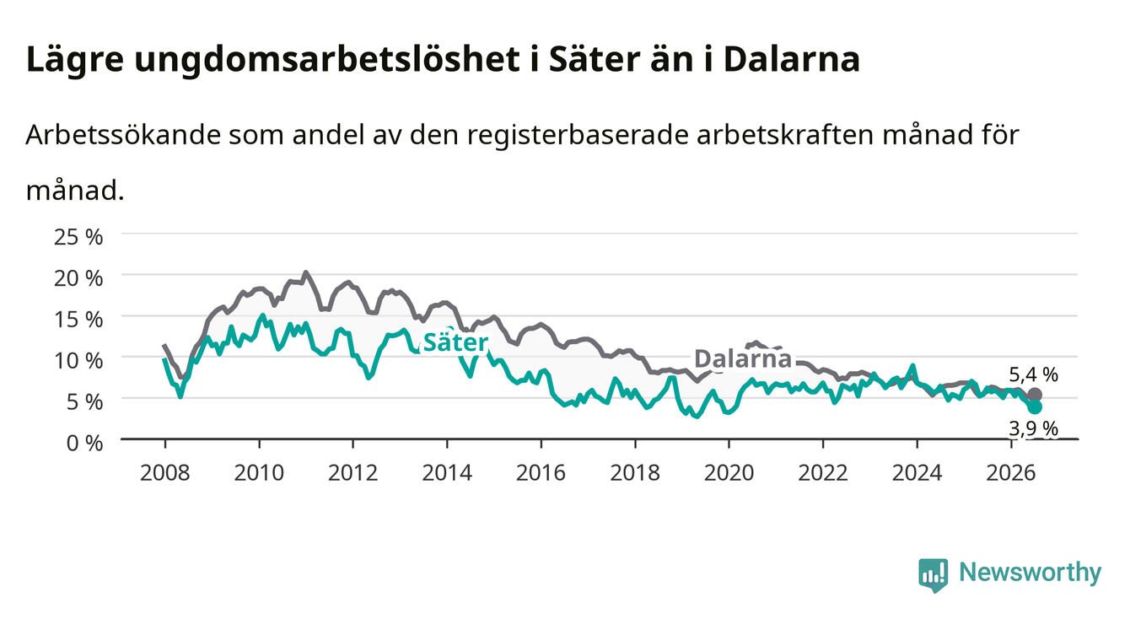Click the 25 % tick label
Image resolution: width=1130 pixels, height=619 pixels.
(x=78, y=237)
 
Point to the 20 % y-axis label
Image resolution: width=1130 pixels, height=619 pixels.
(x=78, y=278)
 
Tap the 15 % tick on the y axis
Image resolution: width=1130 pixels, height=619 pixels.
(x=78, y=320)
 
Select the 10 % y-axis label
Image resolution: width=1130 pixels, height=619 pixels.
(x=78, y=361)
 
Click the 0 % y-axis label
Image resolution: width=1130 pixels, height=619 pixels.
(x=84, y=444)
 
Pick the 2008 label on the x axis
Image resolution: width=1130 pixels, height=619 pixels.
(x=165, y=473)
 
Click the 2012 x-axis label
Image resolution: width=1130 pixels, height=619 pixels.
(x=353, y=473)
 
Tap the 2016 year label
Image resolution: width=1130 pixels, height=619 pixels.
(x=541, y=473)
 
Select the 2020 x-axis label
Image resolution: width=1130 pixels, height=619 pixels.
(x=729, y=473)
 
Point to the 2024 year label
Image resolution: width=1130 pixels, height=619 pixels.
(x=917, y=473)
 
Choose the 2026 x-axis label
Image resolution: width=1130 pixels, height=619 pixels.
(x=1011, y=473)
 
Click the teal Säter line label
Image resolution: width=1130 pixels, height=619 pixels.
(x=455, y=342)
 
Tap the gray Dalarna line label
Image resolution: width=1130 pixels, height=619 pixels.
(x=743, y=359)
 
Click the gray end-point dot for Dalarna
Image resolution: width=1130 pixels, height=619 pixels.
(x=1035, y=395)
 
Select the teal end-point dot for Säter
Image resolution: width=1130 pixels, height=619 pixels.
(x=1035, y=407)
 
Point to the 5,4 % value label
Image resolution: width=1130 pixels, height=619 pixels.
(x=1034, y=374)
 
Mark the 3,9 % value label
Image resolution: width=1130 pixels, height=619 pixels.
(x=1034, y=428)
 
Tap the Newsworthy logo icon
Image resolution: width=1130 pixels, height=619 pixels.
(x=934, y=574)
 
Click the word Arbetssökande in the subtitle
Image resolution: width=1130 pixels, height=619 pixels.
(x=124, y=135)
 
